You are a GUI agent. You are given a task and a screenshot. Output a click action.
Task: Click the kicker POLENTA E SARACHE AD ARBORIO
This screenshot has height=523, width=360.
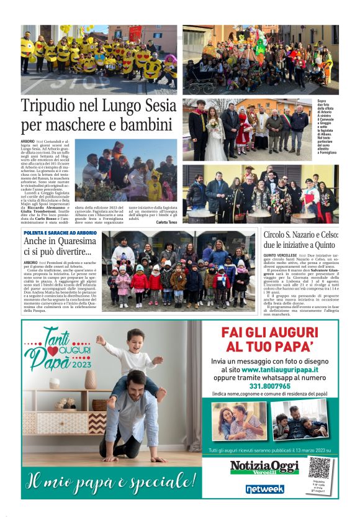(60, 232)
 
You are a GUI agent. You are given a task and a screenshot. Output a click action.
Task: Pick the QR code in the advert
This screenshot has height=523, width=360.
(319, 467)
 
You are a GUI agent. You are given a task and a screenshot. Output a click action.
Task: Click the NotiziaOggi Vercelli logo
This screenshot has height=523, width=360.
(264, 467)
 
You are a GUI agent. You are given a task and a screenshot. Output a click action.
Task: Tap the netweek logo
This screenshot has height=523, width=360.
(264, 489)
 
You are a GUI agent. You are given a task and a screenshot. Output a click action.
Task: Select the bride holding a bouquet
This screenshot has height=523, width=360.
(214, 129)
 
